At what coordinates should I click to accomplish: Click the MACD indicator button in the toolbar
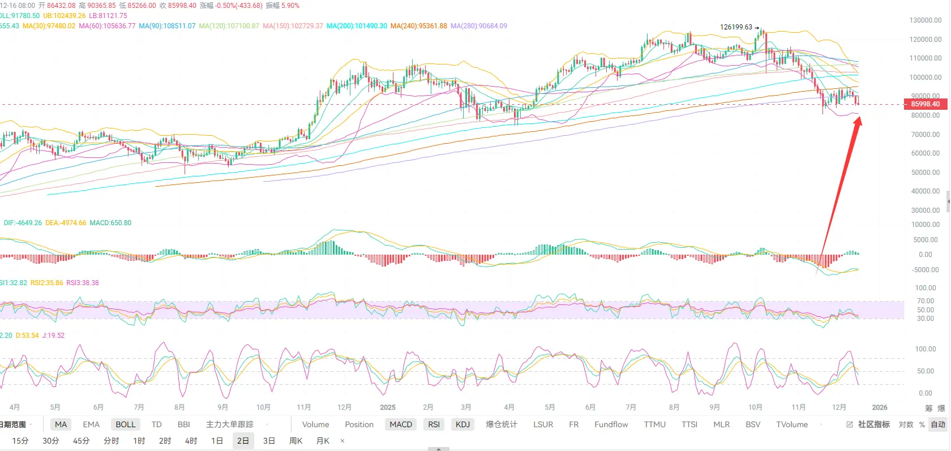(x=401, y=424)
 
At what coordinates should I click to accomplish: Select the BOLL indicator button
(x=126, y=424)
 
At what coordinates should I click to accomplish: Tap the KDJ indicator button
(x=462, y=424)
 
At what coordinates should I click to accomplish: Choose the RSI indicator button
(x=434, y=424)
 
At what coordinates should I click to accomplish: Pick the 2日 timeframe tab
(x=243, y=441)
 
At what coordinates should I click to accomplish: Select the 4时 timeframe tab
(x=191, y=441)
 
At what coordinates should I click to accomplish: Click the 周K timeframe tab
(x=295, y=441)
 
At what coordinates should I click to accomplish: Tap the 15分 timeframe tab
(x=20, y=441)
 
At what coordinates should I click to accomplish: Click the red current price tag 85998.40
(x=925, y=104)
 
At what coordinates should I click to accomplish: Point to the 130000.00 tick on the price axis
(x=926, y=20)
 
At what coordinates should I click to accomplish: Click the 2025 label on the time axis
(x=388, y=407)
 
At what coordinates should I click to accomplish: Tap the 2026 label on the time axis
(x=880, y=407)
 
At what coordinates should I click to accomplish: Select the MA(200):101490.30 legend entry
(x=357, y=26)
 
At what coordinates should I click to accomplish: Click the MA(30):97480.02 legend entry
(x=49, y=26)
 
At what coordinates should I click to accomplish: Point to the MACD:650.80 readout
(x=110, y=223)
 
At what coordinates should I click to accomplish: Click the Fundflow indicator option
(x=611, y=424)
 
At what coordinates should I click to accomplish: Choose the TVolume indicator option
(x=792, y=424)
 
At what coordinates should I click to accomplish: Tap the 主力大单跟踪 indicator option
(x=229, y=424)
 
